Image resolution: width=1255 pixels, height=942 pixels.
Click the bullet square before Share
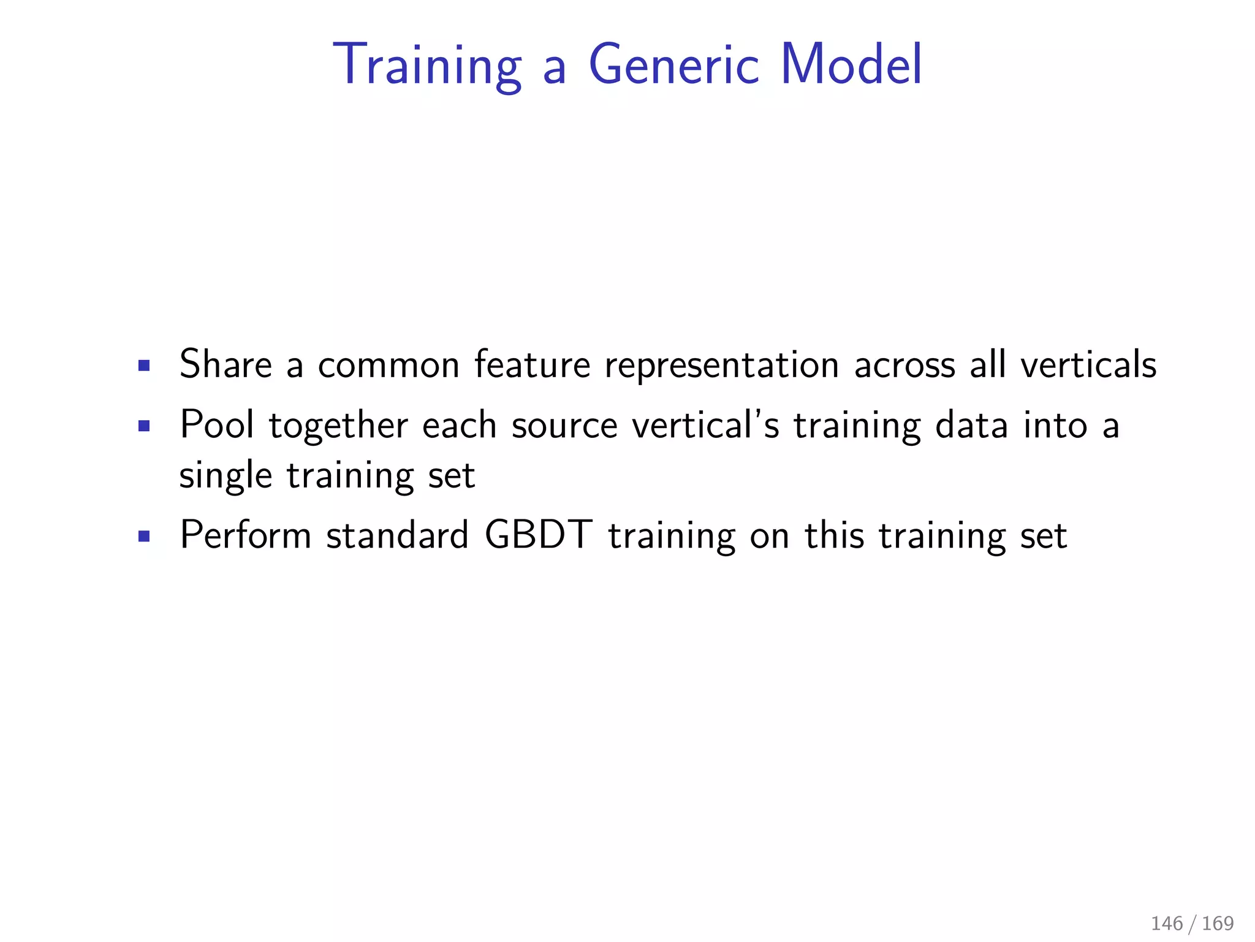[144, 366]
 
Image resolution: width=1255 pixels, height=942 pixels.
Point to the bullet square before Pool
[144, 426]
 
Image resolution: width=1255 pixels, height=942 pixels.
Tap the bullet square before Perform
[144, 537]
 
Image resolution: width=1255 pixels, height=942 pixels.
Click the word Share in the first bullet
[225, 364]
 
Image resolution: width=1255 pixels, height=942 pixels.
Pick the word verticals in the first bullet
[1088, 364]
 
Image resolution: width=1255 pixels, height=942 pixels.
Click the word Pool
[217, 424]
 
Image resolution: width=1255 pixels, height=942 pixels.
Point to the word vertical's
[706, 424]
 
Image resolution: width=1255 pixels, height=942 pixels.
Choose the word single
[226, 476]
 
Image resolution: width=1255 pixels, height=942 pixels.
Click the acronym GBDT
[539, 535]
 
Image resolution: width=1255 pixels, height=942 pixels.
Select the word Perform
[246, 535]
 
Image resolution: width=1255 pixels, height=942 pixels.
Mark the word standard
[397, 535]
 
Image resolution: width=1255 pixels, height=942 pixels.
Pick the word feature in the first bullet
[532, 364]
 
